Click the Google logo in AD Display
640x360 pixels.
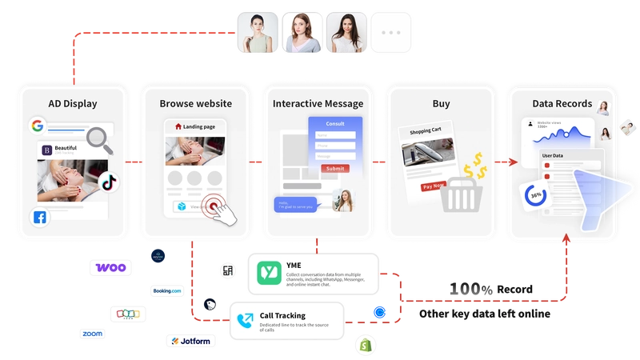(37, 126)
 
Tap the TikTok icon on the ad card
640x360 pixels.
(109, 182)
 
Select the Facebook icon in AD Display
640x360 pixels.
(39, 218)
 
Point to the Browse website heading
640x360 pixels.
(195, 103)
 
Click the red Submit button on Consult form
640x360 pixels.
(335, 168)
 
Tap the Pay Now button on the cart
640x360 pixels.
(432, 186)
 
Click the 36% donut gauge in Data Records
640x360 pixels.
(534, 195)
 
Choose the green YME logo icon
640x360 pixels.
(268, 273)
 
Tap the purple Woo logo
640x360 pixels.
(110, 267)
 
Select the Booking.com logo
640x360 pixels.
(166, 290)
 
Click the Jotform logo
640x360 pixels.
(189, 342)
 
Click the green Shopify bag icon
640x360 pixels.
(365, 346)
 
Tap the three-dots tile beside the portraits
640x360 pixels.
(392, 32)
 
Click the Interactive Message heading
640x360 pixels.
(318, 103)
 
